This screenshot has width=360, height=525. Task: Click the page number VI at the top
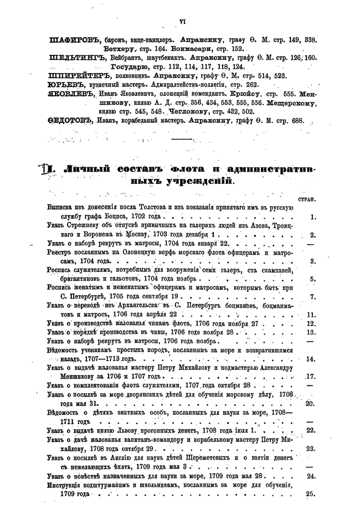181,22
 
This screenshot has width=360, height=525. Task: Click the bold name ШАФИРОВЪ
71,40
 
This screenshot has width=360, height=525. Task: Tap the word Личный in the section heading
88,168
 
